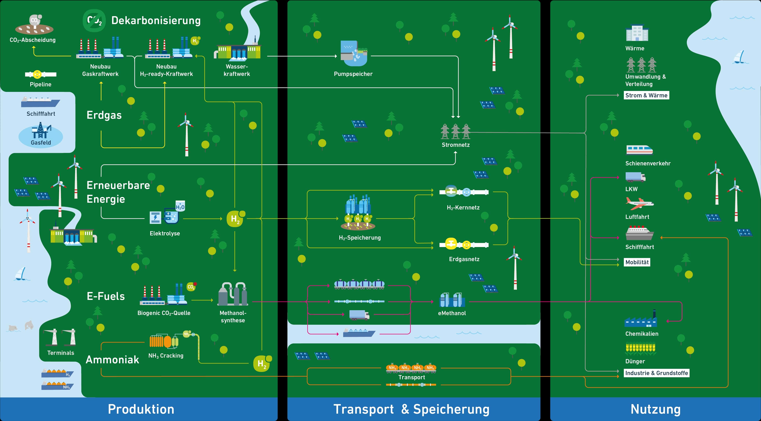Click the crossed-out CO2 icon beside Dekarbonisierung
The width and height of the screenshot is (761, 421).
tap(94, 20)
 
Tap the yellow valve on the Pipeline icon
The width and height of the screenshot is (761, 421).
tap(37, 74)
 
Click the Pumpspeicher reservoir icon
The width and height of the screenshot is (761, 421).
tap(354, 53)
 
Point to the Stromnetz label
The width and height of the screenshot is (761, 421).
tap(456, 145)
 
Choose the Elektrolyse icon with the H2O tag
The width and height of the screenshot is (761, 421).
tap(167, 214)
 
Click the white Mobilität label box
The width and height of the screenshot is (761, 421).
tap(637, 262)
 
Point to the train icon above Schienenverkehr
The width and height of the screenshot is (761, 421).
tap(639, 150)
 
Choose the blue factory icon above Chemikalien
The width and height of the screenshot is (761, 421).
tap(641, 320)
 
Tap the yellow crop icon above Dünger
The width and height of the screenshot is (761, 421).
tap(640, 349)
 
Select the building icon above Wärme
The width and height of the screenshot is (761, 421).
tap(637, 33)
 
